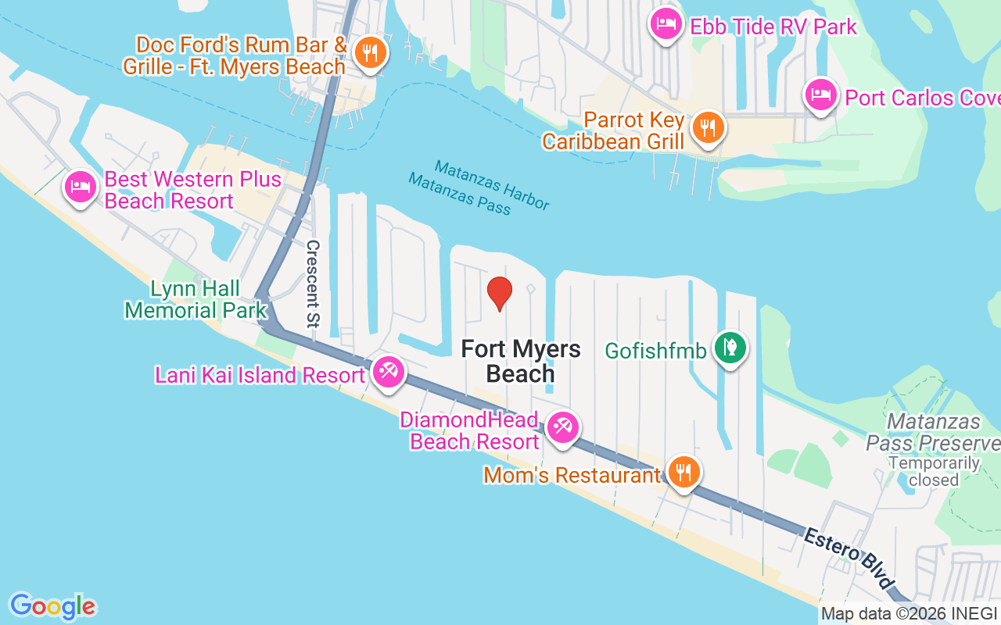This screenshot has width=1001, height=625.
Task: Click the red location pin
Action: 500,293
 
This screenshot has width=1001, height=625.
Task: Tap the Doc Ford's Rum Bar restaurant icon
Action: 368,52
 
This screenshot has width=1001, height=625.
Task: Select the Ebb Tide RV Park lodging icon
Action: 666,23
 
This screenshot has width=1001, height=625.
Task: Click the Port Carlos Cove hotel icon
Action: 820,95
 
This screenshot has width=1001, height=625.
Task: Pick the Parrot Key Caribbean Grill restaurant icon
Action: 708,127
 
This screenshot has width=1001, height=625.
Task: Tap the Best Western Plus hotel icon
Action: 81,187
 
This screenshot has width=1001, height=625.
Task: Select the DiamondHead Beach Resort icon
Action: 562,427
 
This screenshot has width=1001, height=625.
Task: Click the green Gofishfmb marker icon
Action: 730,348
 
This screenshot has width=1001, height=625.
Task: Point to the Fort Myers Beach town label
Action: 520,361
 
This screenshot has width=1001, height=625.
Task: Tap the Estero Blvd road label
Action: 849,559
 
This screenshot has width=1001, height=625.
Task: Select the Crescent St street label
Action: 313,290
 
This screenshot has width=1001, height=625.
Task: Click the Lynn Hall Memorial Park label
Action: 196,300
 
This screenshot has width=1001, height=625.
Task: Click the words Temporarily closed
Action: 934,471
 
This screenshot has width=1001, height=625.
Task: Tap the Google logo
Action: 53,606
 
